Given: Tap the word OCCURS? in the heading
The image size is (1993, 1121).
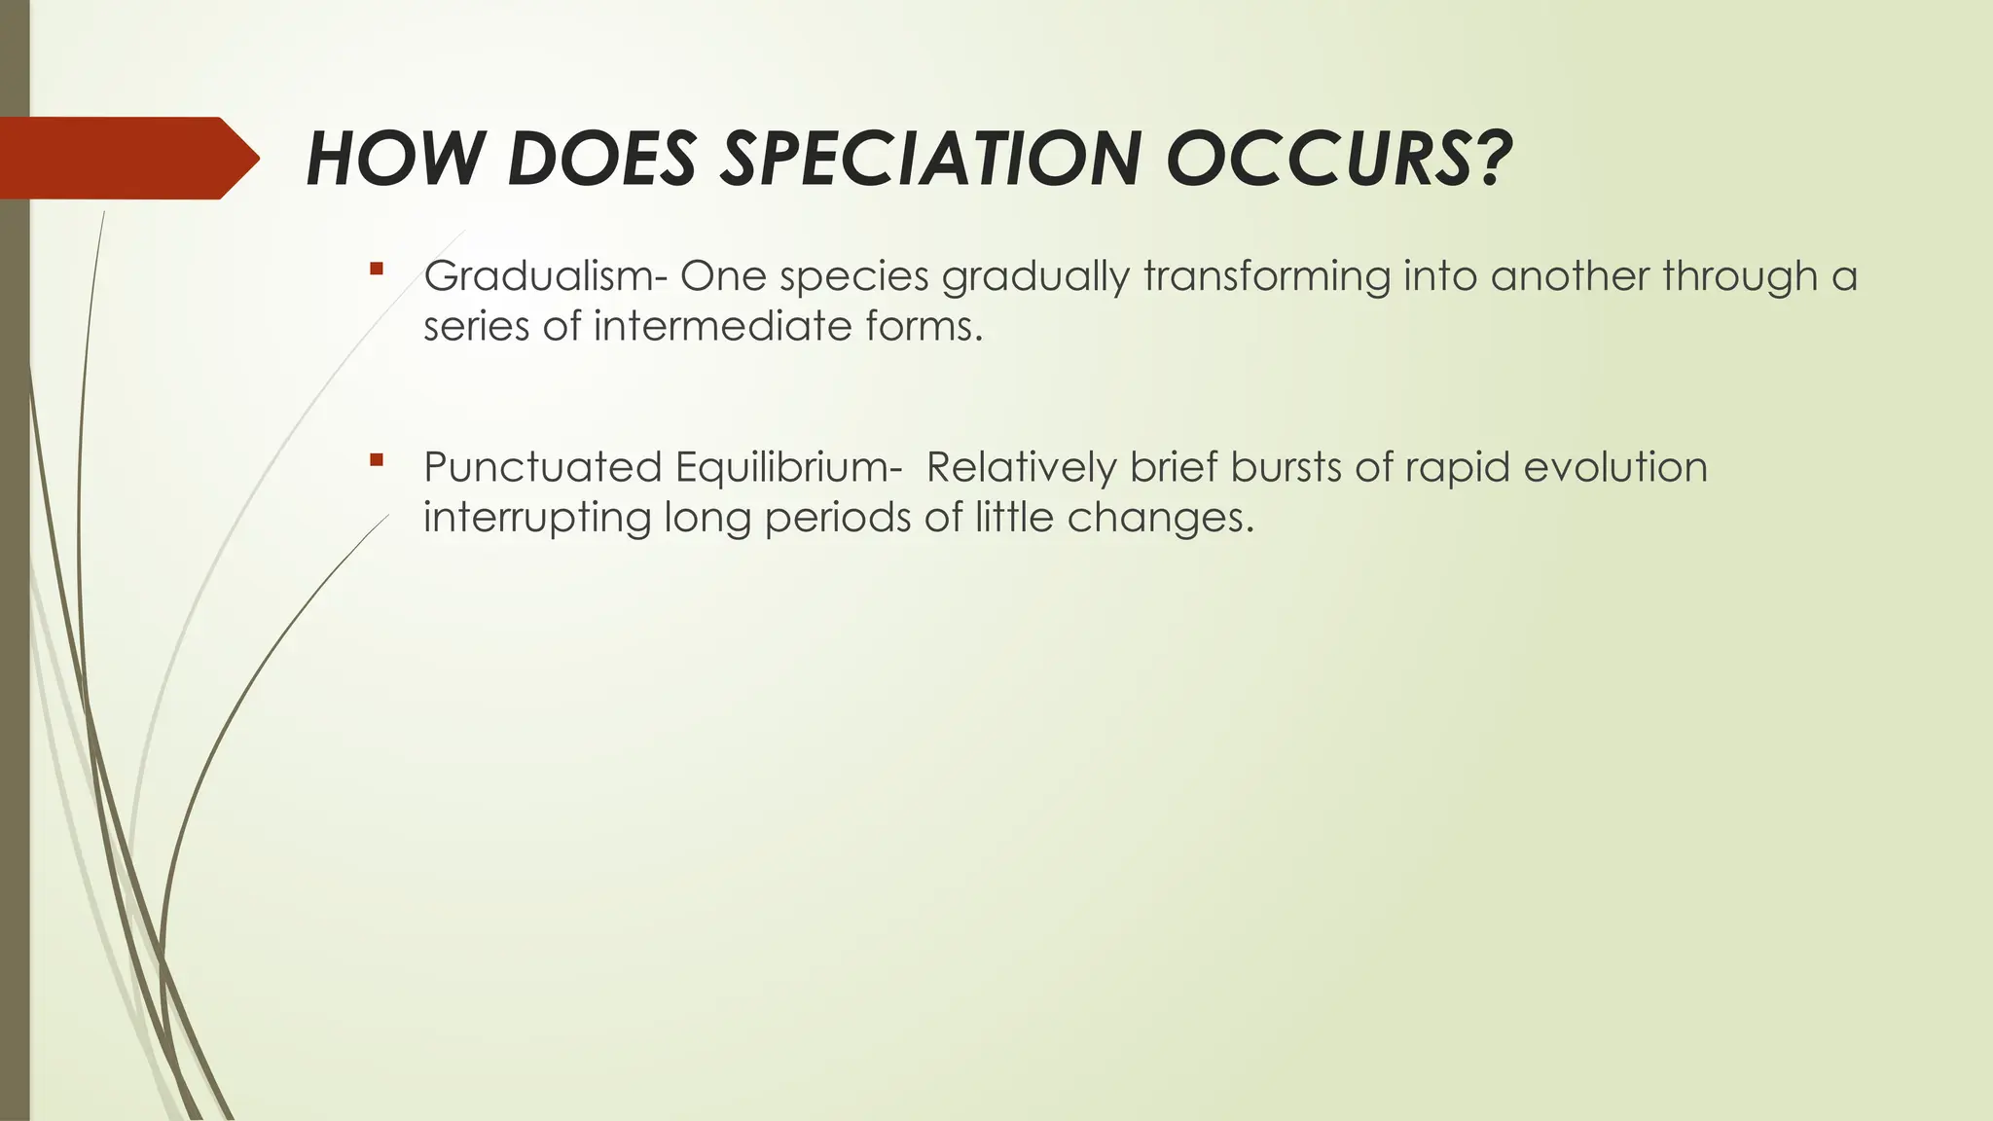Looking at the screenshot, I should tap(1339, 159).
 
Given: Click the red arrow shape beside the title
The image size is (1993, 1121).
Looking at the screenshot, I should tap(127, 159).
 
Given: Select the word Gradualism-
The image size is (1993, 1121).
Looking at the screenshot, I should tap(546, 276).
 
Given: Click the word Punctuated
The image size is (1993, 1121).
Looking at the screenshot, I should tap(543, 467).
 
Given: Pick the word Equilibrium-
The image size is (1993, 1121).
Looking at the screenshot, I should tap(782, 469).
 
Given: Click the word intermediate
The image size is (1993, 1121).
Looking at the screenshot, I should tap(723, 326).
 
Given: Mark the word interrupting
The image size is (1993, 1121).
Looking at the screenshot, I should tap(537, 518).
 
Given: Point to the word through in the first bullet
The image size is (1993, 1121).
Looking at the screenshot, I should tap(1740, 278).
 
